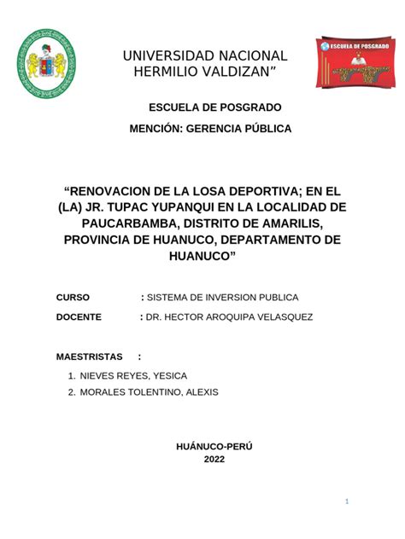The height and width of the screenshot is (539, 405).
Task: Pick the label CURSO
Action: pyautogui.click(x=73, y=297)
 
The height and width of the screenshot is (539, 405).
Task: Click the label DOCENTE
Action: pyautogui.click(x=79, y=317)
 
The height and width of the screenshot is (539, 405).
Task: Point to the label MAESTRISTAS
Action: pyautogui.click(x=89, y=356)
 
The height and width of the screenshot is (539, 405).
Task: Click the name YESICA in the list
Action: pyautogui.click(x=167, y=376)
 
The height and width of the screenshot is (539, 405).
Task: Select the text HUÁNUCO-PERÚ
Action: pyautogui.click(x=214, y=446)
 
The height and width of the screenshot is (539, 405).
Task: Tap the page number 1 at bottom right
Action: pyautogui.click(x=349, y=501)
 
